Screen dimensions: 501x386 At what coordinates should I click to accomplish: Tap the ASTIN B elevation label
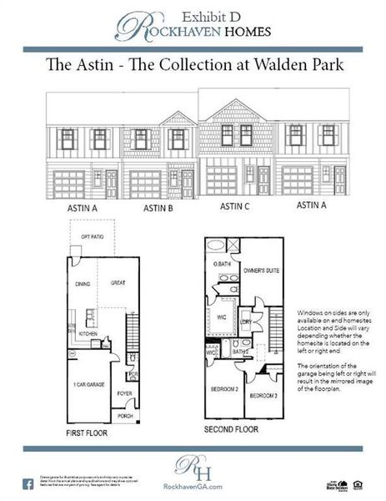click(x=158, y=208)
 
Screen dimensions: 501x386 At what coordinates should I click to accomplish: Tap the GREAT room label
click(x=118, y=283)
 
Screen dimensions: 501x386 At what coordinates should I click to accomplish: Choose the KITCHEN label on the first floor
click(x=89, y=333)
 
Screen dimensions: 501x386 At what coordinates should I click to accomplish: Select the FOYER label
click(x=124, y=393)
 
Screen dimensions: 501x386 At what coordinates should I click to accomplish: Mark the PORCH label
click(x=124, y=415)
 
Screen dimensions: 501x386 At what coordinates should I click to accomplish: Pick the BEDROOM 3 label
click(x=263, y=395)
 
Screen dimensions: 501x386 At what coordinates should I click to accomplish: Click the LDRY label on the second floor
click(x=247, y=320)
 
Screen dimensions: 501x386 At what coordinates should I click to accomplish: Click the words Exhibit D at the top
click(x=201, y=15)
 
